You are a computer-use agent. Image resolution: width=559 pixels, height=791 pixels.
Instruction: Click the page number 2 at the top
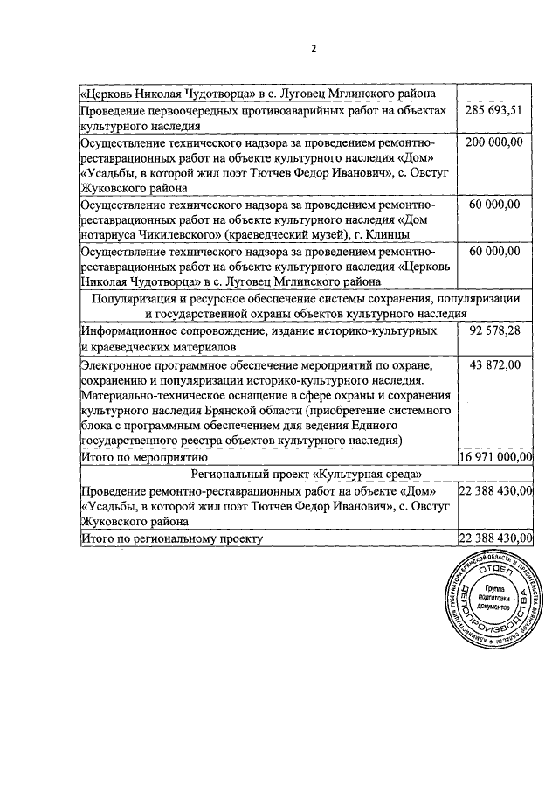pos(312,48)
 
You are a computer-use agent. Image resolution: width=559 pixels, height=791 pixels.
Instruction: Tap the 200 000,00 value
pos(493,142)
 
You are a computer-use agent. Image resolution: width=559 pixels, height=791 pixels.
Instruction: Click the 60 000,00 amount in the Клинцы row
pos(493,205)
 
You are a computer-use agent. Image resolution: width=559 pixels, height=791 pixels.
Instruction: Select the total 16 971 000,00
pos(495,456)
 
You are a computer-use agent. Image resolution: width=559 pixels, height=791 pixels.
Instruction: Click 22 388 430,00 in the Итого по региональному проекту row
pos(495,539)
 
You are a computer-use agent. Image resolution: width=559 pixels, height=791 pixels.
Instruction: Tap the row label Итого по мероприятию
pos(142,456)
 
